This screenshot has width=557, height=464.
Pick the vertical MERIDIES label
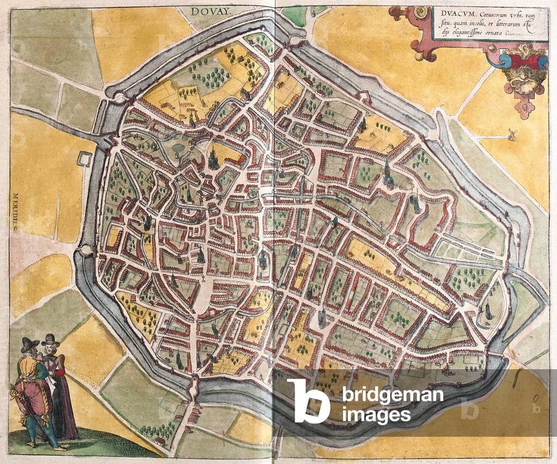tap(15, 212)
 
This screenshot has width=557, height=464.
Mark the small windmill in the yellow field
tap(511, 134)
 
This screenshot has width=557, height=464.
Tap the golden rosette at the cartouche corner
tap(420, 11)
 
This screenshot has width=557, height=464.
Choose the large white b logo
tap(308, 400)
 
